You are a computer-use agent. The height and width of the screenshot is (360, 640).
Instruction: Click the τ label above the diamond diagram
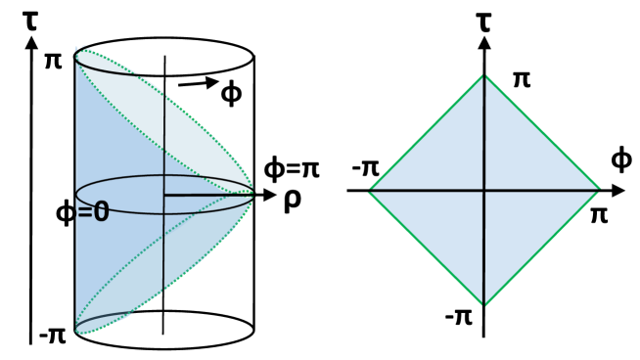pos(483,17)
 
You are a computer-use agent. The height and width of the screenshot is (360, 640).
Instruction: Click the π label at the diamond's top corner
pos(522,77)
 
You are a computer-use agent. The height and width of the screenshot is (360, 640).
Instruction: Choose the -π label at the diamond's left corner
pos(363,169)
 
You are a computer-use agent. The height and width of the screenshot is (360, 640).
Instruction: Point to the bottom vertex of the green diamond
pos(483,306)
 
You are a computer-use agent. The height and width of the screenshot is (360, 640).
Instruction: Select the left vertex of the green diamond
pos(367,191)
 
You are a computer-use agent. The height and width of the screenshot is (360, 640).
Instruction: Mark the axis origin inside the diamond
pos(483,191)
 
